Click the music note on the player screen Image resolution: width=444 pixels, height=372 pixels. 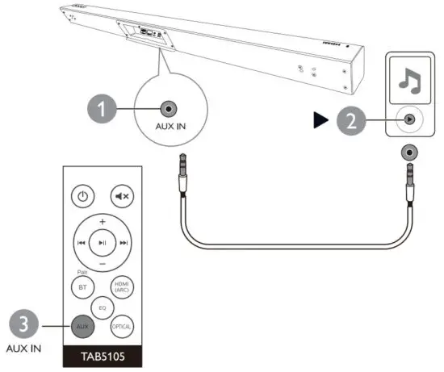pyautogui.click(x=411, y=80)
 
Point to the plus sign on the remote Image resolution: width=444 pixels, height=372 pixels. pyautogui.click(x=103, y=220)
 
